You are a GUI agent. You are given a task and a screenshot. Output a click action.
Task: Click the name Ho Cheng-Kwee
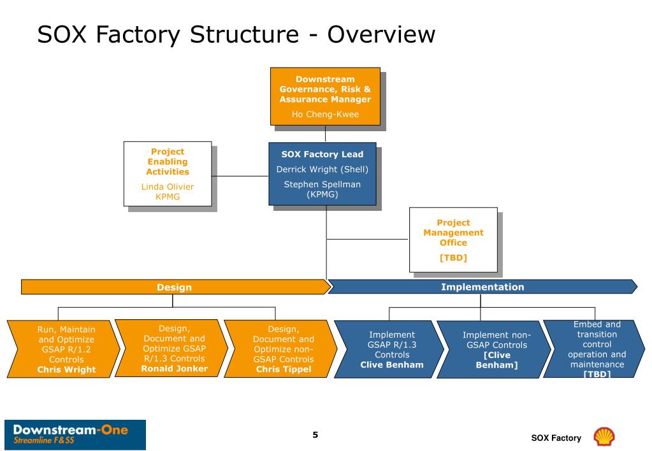tap(325, 114)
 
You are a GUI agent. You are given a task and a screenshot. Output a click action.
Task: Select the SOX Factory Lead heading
tap(322, 154)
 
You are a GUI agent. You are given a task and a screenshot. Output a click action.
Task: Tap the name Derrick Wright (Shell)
tap(322, 169)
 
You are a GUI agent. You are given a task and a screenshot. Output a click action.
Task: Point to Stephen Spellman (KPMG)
tap(322, 189)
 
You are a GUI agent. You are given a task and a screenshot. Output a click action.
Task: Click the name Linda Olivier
tap(168, 187)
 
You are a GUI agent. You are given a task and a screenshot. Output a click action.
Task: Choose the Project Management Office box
tap(453, 240)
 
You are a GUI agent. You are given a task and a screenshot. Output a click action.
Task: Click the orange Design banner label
tap(174, 287)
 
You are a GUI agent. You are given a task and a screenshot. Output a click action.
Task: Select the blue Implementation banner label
tap(482, 287)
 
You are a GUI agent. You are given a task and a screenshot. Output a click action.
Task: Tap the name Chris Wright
tap(66, 369)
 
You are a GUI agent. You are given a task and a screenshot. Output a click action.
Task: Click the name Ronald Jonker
tap(174, 369)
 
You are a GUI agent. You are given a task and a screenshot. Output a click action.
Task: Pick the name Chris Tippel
tap(284, 369)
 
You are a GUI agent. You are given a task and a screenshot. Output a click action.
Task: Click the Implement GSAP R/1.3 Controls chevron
tap(389, 349)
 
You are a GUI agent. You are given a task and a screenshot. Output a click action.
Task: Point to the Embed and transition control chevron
tap(595, 348)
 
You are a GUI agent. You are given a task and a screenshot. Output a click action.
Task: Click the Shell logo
tap(604, 437)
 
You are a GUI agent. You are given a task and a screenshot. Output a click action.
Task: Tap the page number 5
tap(315, 435)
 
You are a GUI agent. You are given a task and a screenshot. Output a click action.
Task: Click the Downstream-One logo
tap(75, 435)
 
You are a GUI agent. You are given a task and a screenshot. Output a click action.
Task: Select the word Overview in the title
tap(381, 34)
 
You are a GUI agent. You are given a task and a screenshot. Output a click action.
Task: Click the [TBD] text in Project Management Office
tap(453, 258)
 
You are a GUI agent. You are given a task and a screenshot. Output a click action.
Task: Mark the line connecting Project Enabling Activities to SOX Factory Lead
tap(240, 176)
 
